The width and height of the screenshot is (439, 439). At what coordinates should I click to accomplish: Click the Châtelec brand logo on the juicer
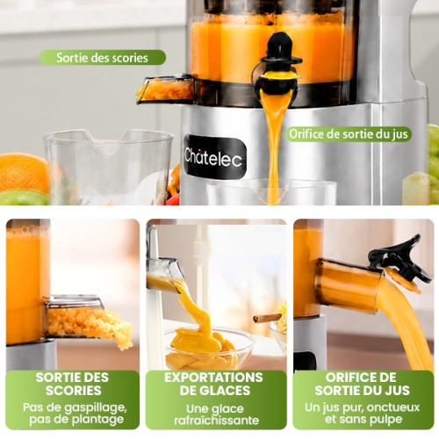pos(215,157)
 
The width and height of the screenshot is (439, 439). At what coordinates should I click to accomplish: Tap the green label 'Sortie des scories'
pos(103,58)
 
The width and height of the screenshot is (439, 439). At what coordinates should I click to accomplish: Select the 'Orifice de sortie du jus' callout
pos(349,134)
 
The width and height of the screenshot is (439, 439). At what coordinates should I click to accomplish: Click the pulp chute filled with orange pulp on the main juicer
pos(166,90)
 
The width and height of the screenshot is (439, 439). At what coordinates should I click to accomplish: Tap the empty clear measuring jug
pos(108,167)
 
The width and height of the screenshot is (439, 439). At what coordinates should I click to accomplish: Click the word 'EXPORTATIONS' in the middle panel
pos(213,378)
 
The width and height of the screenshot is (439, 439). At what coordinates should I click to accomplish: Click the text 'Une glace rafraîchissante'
pos(217,414)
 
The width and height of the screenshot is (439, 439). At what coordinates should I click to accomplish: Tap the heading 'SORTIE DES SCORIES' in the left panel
pos(73,384)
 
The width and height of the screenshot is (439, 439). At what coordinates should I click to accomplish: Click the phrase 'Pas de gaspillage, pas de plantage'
pos(76,414)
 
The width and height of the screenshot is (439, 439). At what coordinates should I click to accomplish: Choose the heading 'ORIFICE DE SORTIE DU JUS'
pos(363,384)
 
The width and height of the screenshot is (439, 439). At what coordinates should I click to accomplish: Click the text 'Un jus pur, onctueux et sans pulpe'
pos(363,414)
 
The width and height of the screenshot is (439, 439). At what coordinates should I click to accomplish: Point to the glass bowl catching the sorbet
pos(209,349)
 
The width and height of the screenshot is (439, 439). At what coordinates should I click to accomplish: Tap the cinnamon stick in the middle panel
pos(266,318)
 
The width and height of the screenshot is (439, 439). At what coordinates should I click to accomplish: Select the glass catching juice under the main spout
pos(271,192)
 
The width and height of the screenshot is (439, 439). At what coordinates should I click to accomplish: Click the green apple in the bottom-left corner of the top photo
pos(24,198)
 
